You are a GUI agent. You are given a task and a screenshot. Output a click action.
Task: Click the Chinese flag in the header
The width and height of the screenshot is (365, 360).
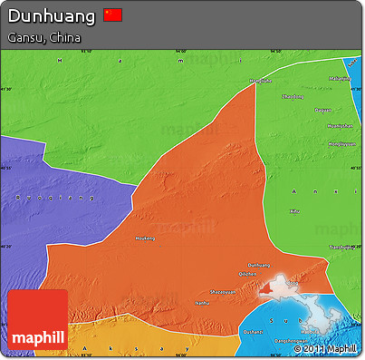point(112,15)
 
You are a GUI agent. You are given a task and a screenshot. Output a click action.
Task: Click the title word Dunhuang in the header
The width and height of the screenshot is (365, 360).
point(52,15)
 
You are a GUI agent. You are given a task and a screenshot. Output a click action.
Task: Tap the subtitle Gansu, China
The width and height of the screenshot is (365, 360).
point(43,38)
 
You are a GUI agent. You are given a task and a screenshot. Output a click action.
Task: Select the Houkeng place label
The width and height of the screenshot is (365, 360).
point(146,238)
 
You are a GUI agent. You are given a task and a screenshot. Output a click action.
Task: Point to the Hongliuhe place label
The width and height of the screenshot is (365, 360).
point(261,81)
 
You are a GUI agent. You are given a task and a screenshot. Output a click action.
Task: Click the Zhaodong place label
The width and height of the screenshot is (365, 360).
point(293,95)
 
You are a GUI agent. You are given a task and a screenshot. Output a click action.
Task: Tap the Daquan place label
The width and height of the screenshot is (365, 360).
point(322,111)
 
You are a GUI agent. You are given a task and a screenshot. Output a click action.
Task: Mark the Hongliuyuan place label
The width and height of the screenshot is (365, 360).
point(341,143)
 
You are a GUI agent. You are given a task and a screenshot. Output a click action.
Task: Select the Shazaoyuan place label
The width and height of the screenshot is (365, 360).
point(222,289)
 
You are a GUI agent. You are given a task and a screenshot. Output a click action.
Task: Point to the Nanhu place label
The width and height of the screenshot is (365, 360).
point(202,303)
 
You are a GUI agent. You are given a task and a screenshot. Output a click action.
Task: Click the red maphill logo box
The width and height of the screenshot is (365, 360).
point(37,319)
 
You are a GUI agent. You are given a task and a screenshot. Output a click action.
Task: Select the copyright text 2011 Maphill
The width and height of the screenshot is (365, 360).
point(329,348)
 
